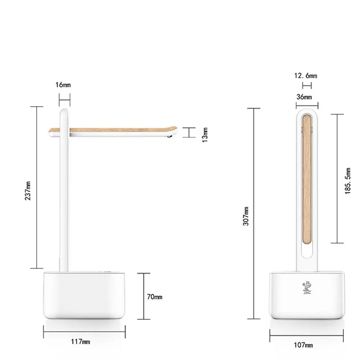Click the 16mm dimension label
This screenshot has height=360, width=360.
pyautogui.click(x=63, y=85)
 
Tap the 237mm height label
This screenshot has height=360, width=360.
pyautogui.click(x=28, y=191)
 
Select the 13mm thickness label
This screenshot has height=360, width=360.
pyautogui.click(x=205, y=135)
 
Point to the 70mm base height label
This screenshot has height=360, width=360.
pyautogui.click(x=154, y=297)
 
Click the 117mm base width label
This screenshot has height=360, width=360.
pyautogui.click(x=81, y=342)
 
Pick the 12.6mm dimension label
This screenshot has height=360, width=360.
pyautogui.click(x=306, y=76)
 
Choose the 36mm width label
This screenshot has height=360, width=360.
pyautogui.click(x=304, y=97)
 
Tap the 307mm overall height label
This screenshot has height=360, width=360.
pyautogui.click(x=246, y=216)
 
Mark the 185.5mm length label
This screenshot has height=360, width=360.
pyautogui.click(x=348, y=181)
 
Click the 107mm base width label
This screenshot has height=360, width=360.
pyautogui.click(x=303, y=345)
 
